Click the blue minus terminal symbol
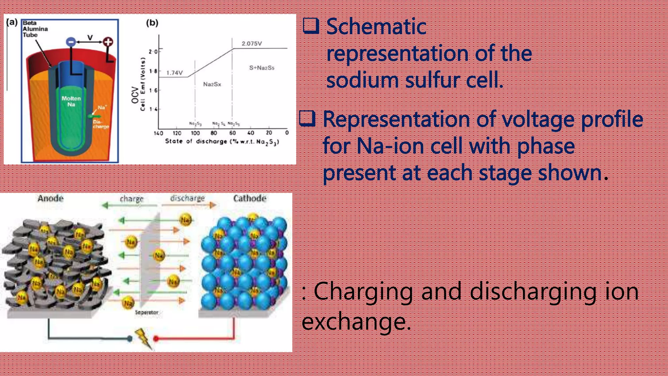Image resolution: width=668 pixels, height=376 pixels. pos(71,42)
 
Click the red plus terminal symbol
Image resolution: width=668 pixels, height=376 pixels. pos(108,42)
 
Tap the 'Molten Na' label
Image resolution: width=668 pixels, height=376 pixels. pos(71,101)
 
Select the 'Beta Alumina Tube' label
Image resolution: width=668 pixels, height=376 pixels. pos(35,29)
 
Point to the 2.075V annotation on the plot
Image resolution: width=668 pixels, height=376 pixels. pos(251,43)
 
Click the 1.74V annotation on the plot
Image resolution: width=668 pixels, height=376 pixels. pos(175,73)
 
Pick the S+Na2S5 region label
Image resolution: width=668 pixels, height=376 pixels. pos(262,68)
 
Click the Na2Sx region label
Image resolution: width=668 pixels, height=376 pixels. pos(212,84)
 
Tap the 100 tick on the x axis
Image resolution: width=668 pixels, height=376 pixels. pos(195,133)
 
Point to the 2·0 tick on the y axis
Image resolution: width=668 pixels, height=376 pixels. pos(153,52)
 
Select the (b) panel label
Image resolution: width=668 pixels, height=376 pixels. pos(152,23)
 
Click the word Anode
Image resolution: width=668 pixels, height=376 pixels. pos(51,198)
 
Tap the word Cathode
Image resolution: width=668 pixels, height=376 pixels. pos(250,198)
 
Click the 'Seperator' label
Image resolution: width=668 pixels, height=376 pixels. pos(146,312)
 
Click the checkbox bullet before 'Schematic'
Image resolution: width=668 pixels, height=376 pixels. pos(311,26)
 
